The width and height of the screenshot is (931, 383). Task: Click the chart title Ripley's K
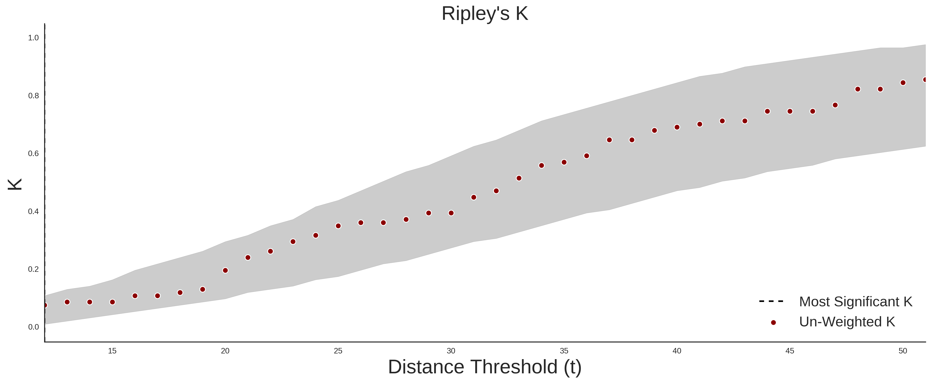coord(485,14)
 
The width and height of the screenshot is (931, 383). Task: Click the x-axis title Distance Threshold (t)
coord(485,367)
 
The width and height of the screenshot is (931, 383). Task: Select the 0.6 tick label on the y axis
coord(34,154)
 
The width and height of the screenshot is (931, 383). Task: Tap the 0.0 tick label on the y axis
coord(34,327)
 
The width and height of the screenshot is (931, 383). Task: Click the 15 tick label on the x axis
coord(112,351)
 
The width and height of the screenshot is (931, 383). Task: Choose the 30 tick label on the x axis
coord(451,351)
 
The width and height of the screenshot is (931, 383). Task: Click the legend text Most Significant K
coord(855,302)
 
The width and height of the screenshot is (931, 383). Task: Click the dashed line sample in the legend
coord(771,301)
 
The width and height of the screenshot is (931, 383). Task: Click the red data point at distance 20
coord(225,270)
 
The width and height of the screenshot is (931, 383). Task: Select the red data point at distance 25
coord(338,226)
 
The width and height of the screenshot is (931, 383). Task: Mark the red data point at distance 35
coord(564,162)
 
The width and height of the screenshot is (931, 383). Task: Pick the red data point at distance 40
coord(677,127)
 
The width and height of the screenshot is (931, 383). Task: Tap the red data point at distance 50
coord(903,83)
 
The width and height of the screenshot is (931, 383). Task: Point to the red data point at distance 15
coord(112,302)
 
